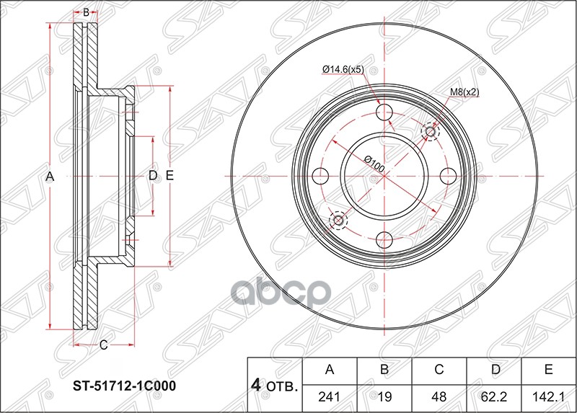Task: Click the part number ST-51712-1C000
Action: pyautogui.click(x=123, y=386)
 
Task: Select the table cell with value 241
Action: pyautogui.click(x=330, y=395)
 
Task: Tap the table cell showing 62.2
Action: pyautogui.click(x=494, y=395)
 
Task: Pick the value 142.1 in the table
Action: pyautogui.click(x=549, y=395)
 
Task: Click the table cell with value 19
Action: pyautogui.click(x=384, y=395)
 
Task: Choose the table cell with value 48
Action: pyautogui.click(x=439, y=395)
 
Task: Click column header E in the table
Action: pyautogui.click(x=549, y=370)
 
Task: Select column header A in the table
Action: pyautogui.click(x=330, y=370)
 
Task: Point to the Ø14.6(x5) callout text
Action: pyautogui.click(x=344, y=69)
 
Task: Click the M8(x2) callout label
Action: pyautogui.click(x=464, y=92)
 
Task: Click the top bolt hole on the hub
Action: pyautogui.click(x=384, y=113)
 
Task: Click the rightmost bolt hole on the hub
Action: pyautogui.click(x=447, y=176)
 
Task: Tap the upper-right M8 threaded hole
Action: pyautogui.click(x=431, y=131)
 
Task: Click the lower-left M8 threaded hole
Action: pyautogui.click(x=338, y=220)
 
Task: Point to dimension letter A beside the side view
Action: pyautogui.click(x=50, y=176)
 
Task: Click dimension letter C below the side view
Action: pyautogui.click(x=103, y=345)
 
